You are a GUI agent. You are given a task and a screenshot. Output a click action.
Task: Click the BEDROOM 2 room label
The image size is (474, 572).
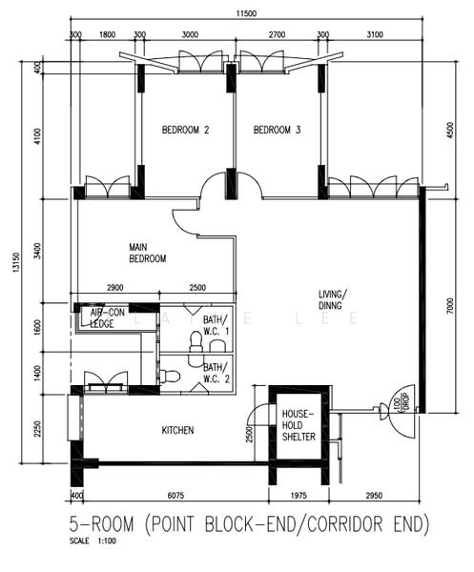click(185, 131)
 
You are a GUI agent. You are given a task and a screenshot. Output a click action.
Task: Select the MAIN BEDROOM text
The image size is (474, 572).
click(148, 253)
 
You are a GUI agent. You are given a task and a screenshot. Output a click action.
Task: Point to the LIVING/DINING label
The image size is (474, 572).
click(334, 298)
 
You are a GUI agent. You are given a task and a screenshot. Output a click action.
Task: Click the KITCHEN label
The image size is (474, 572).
click(177, 431)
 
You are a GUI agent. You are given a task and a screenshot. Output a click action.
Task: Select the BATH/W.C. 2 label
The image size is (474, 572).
click(215, 373)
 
